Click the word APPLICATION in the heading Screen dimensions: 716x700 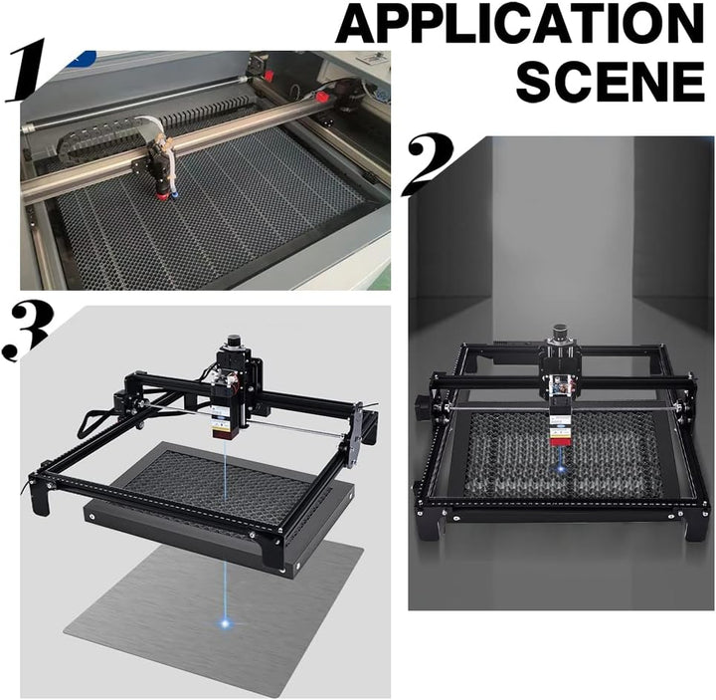520,23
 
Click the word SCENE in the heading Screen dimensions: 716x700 611,82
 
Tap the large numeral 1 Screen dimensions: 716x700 28,70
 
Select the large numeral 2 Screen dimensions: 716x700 427,163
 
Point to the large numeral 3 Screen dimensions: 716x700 28,331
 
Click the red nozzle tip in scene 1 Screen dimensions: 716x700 162,195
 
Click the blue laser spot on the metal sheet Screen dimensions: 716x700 225,622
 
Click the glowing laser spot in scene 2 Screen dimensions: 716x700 558,466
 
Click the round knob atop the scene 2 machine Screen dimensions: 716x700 560,333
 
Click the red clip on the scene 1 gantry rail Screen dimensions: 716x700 323,97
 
